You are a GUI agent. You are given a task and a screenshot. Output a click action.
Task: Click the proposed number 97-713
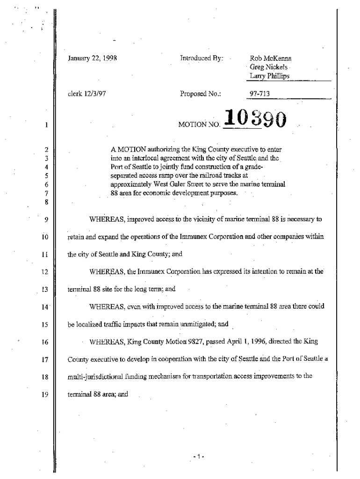[x=260, y=94]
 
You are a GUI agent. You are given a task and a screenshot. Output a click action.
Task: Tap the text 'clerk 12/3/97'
[x=86, y=94]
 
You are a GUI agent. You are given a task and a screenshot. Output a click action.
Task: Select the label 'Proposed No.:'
[x=200, y=94]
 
